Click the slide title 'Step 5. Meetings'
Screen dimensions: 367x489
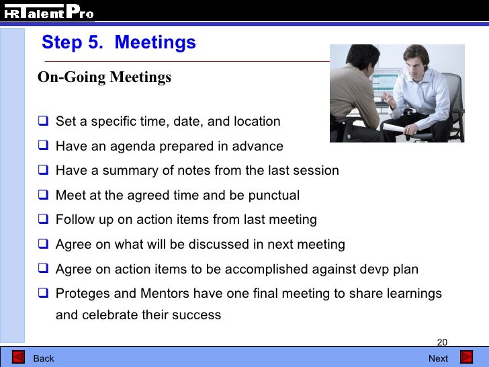tap(119, 42)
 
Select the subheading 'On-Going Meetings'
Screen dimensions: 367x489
tap(104, 77)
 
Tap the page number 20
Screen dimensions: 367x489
tap(442, 341)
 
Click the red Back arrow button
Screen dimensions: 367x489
tap(19, 358)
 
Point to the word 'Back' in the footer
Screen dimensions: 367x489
tap(44, 358)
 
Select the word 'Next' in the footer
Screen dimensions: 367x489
tap(438, 358)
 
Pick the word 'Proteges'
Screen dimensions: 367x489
tap(81, 294)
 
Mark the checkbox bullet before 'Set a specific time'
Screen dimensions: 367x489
tap(44, 122)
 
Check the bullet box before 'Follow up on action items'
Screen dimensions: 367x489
tap(44, 220)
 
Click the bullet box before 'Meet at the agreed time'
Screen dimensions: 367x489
tap(44, 196)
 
